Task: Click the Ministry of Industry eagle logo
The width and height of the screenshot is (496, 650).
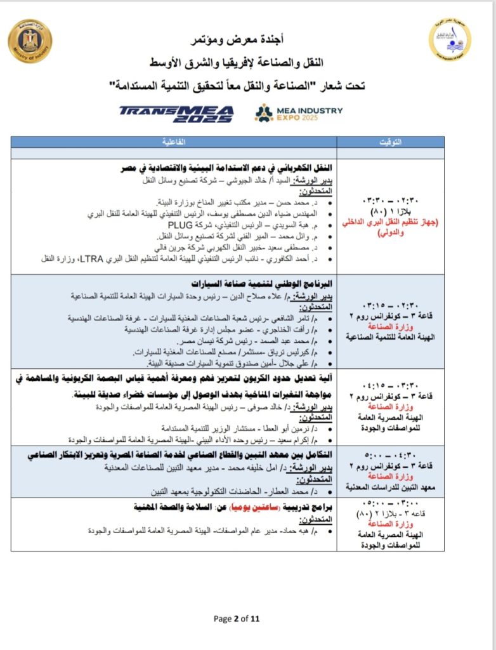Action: pos(30,41)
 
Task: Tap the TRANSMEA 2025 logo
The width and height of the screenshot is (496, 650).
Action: pos(177,113)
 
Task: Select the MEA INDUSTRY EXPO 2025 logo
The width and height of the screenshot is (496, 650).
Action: pos(298,113)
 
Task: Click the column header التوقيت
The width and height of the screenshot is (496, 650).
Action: pos(389,143)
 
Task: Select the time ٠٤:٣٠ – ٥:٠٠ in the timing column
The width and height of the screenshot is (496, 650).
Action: pos(391,454)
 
